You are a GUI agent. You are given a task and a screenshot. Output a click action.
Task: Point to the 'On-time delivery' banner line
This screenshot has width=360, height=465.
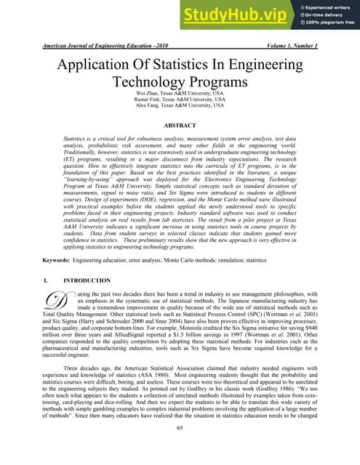click(327, 15)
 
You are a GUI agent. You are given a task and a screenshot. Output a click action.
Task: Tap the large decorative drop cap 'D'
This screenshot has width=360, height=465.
click(52, 301)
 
